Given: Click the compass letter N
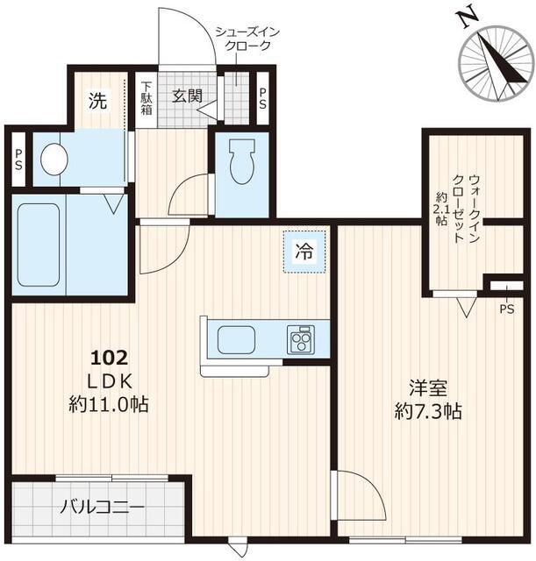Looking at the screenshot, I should pyautogui.click(x=468, y=15).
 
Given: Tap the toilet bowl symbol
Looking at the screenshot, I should pyautogui.click(x=239, y=162).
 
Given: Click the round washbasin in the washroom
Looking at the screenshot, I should pyautogui.click(x=54, y=159).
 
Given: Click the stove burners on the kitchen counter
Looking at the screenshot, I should pyautogui.click(x=301, y=338).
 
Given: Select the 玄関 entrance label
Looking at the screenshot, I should pyautogui.click(x=188, y=95).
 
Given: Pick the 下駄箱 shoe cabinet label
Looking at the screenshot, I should pyautogui.click(x=147, y=99).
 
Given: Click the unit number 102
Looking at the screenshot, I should pyautogui.click(x=111, y=358).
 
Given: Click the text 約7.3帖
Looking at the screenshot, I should pyautogui.click(x=427, y=409).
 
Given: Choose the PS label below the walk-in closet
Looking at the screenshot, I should pyautogui.click(x=506, y=309).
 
